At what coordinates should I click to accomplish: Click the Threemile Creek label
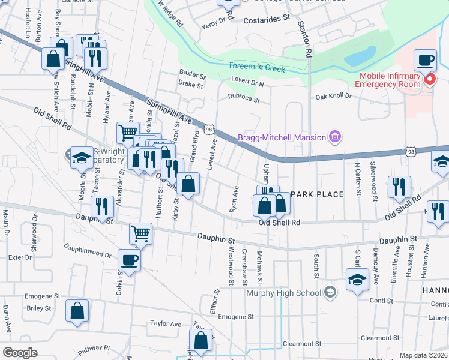(256, 68)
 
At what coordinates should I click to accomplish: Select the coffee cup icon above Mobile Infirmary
(426, 61)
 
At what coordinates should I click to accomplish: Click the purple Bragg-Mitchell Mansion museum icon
(335, 137)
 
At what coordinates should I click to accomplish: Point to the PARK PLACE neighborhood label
(317, 194)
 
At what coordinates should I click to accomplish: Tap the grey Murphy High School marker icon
(330, 293)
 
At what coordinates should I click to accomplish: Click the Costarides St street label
(267, 20)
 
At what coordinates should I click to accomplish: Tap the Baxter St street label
(192, 76)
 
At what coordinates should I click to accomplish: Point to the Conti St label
(381, 301)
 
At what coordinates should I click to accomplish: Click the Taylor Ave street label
(166, 324)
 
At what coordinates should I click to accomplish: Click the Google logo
(20, 352)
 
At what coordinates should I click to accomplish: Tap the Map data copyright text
(424, 355)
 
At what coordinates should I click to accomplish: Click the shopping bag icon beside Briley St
(77, 311)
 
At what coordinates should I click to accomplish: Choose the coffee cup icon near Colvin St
(130, 260)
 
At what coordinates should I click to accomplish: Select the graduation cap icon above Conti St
(357, 279)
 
